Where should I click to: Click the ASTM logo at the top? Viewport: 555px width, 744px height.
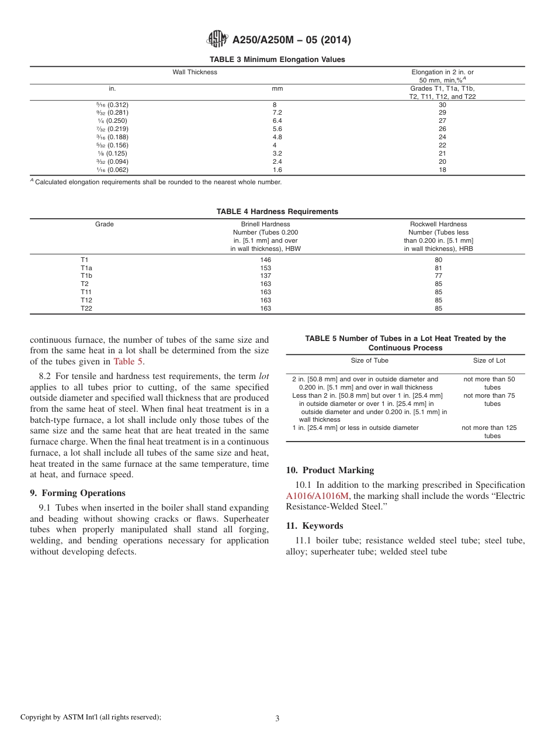click(x=217, y=40)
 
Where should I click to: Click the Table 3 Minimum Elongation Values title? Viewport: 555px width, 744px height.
click(x=277, y=60)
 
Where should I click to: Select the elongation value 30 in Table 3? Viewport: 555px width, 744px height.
click(x=442, y=105)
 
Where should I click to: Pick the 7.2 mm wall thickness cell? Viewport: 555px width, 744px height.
click(x=277, y=113)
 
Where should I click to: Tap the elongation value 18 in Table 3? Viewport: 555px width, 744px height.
click(x=442, y=170)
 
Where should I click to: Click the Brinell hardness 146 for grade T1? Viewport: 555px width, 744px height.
click(x=266, y=260)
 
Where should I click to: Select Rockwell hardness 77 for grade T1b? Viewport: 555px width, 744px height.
click(x=438, y=275)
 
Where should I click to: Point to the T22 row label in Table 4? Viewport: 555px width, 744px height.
click(x=86, y=308)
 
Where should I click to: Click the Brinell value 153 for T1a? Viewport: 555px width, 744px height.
click(x=266, y=268)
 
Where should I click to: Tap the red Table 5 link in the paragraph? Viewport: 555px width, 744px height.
click(x=127, y=361)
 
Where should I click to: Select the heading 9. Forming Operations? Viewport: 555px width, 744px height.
click(x=78, y=493)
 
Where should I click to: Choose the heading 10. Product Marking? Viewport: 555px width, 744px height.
click(x=330, y=470)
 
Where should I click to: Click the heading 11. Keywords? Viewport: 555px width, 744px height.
click(x=315, y=525)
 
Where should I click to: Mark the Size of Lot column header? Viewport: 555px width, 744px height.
click(x=489, y=360)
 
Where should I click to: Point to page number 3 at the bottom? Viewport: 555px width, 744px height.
click(x=277, y=719)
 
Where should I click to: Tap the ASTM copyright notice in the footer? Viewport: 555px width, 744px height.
click(x=91, y=717)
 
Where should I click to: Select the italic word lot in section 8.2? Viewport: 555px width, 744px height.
click(x=264, y=376)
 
